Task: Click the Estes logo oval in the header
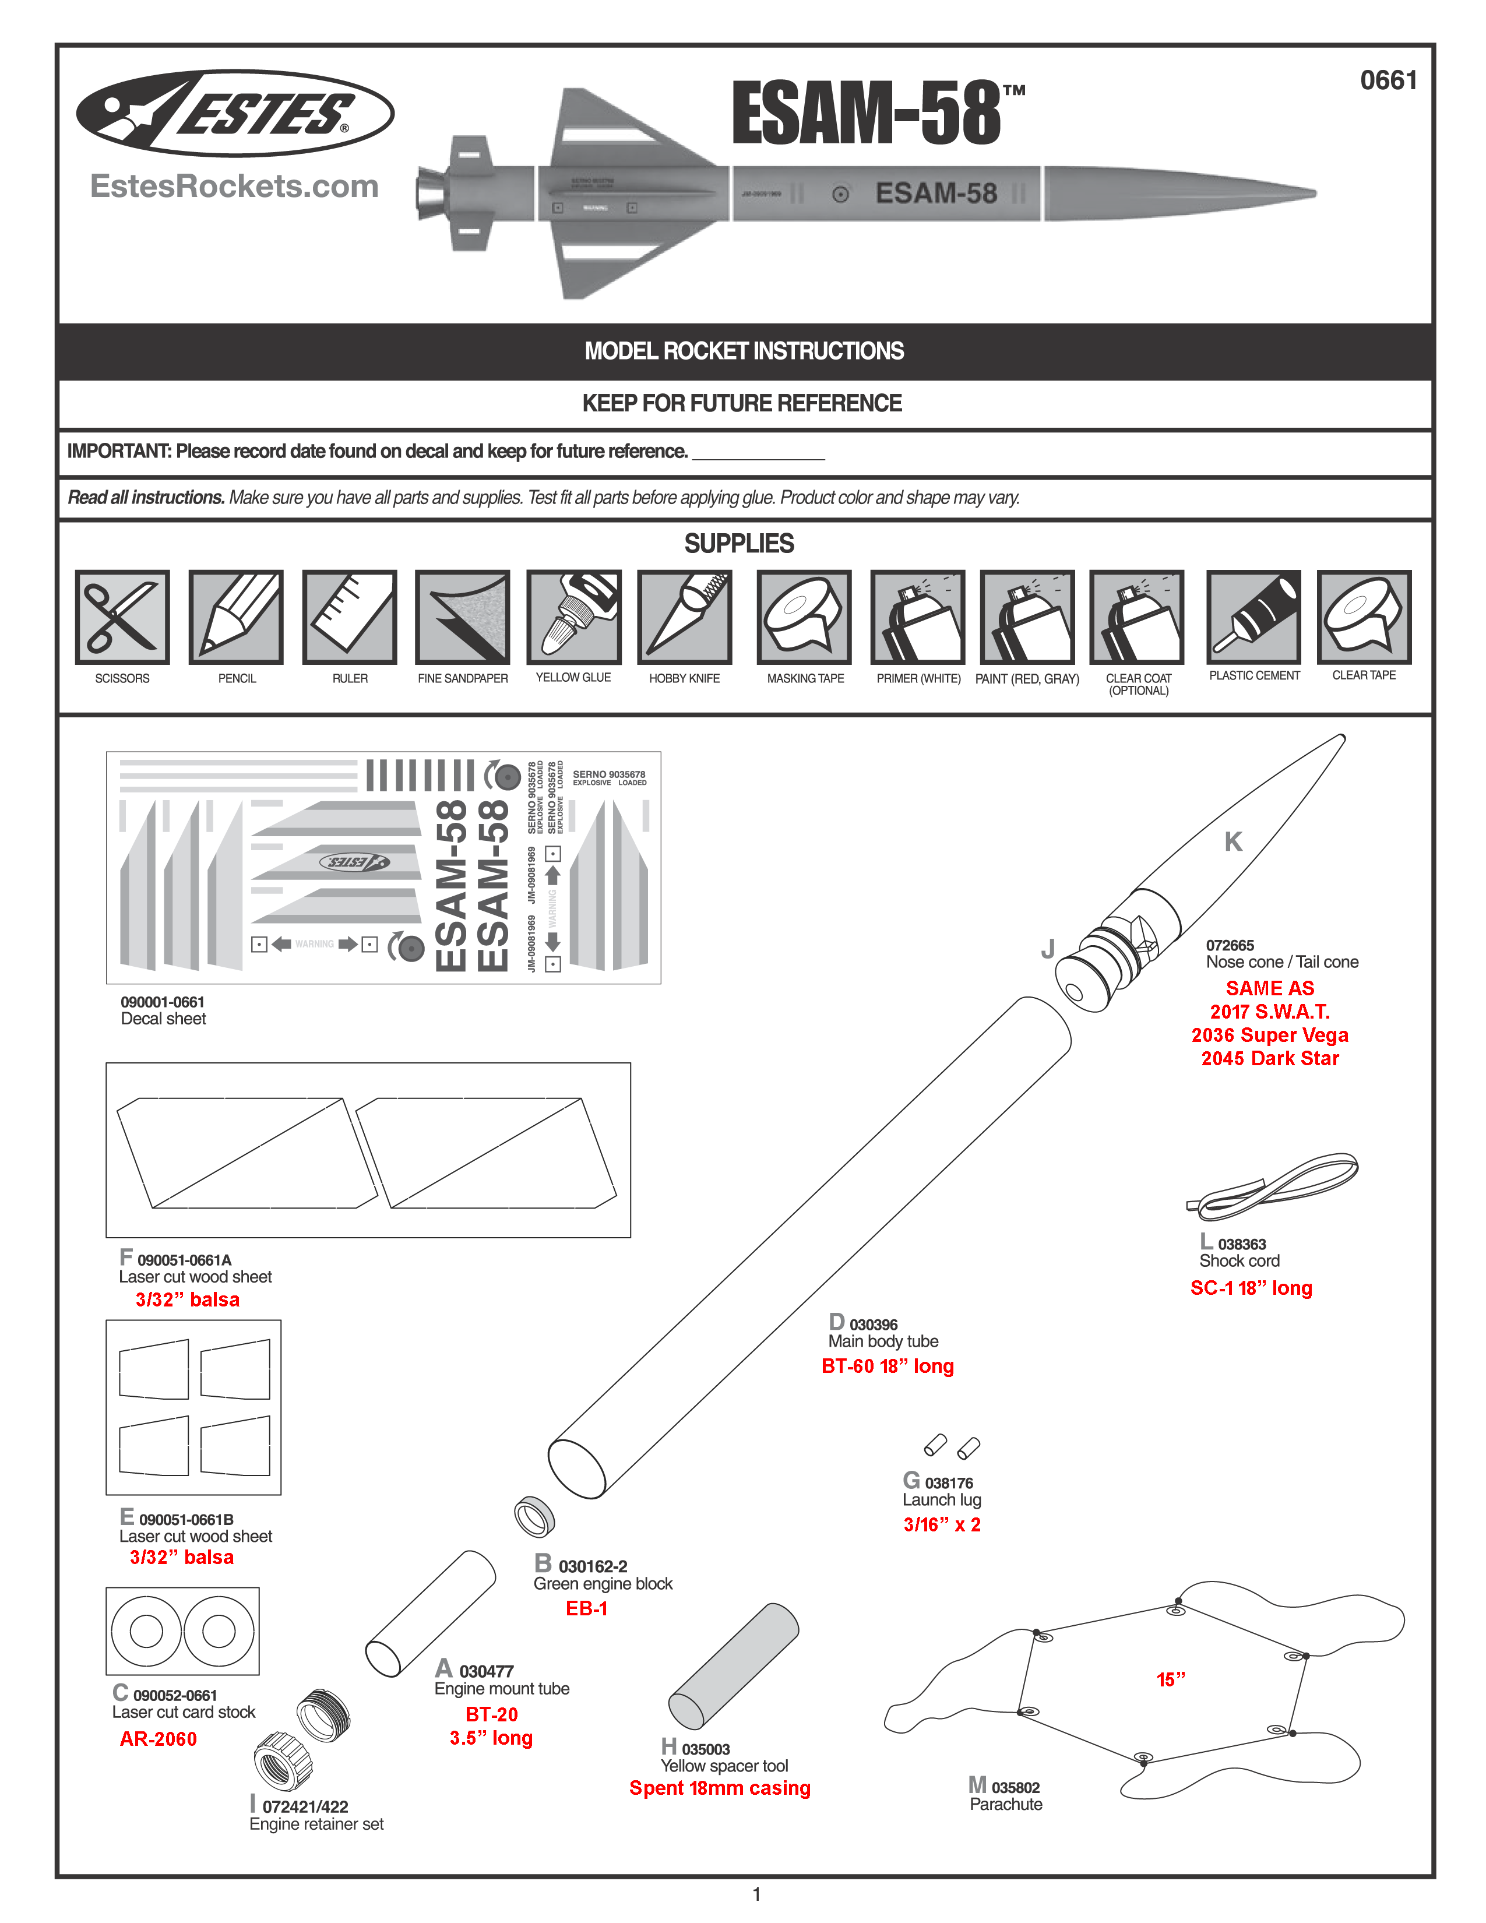pos(235,114)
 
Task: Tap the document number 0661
pos(1388,81)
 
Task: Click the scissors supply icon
pos(122,617)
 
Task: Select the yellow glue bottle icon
pos(574,617)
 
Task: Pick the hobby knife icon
pos(685,617)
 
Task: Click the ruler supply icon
pos(350,617)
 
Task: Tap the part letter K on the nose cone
pos(1233,842)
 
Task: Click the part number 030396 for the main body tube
pos(874,1325)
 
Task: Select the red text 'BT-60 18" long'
pos(888,1366)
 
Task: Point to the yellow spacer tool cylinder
pos(733,1666)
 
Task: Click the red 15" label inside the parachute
pos(1171,1679)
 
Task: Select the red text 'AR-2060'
pos(159,1739)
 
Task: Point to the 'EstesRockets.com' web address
pos(234,186)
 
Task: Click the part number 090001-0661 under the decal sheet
pos(163,1002)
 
